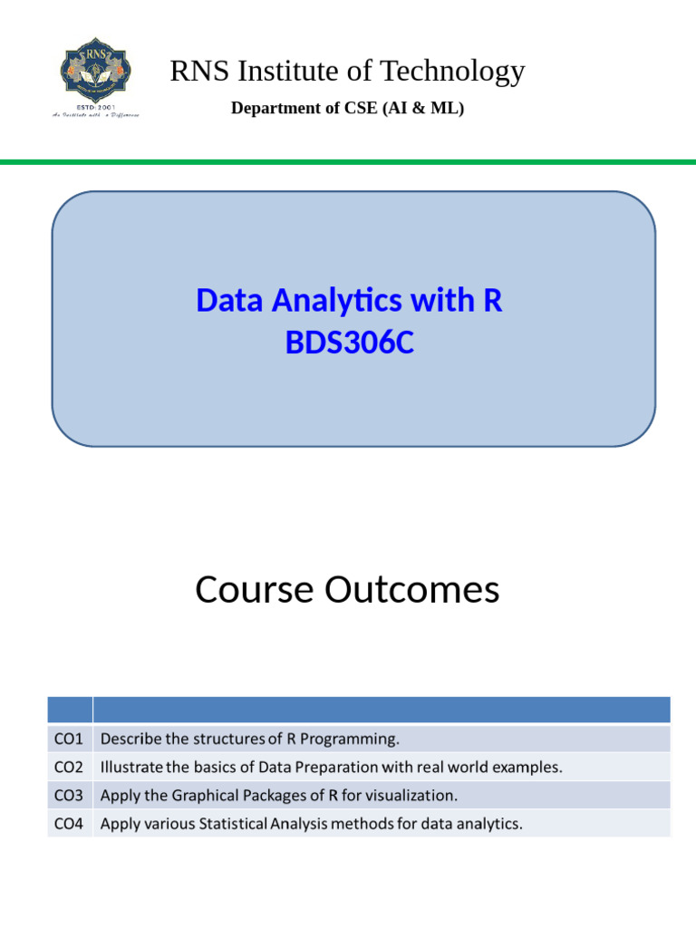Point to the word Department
(x=270, y=109)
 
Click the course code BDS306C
(x=349, y=344)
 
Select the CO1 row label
(x=69, y=738)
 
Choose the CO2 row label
(x=69, y=767)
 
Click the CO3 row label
(x=69, y=796)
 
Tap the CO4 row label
(x=69, y=825)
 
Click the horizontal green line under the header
(x=348, y=162)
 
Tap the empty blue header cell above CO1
(x=69, y=710)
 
